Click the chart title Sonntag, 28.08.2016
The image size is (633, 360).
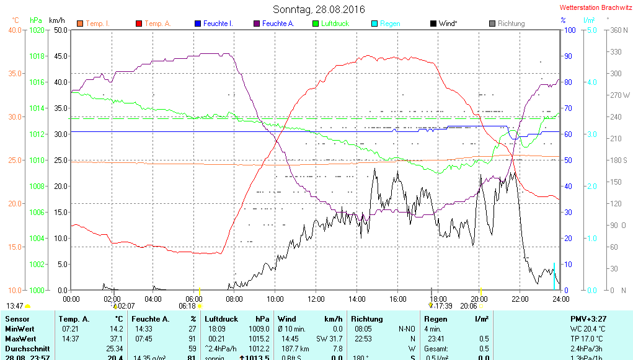coord(319,9)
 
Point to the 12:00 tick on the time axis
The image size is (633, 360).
coord(316,299)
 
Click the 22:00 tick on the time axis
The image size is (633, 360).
coord(520,299)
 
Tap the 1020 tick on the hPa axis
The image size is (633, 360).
coord(37,30)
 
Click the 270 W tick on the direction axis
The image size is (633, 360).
coord(618,95)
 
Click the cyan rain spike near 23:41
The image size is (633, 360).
coord(554,276)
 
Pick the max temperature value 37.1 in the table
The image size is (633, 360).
coord(116,339)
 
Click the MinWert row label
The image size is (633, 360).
coord(20,328)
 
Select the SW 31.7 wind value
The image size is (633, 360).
coord(329,339)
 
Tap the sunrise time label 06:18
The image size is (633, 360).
coord(187,305)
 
